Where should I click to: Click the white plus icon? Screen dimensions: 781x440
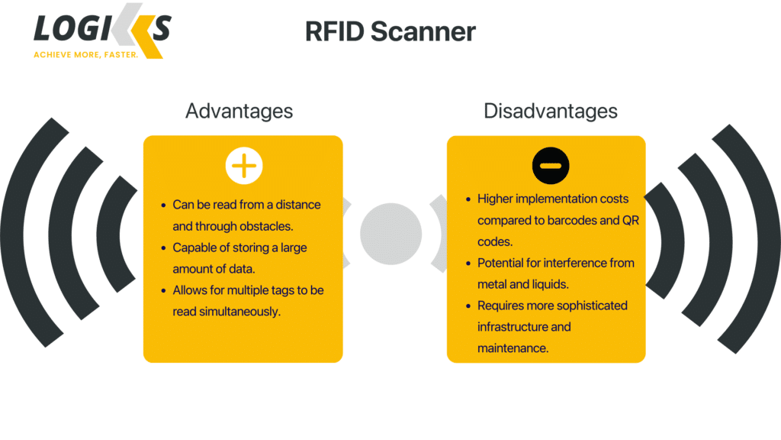(244, 166)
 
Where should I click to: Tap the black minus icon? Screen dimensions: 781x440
(551, 166)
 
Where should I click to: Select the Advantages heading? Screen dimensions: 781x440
(239, 111)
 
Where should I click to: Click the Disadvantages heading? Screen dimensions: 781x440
(550, 111)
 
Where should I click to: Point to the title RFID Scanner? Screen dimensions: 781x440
(390, 31)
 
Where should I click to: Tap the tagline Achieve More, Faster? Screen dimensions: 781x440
(85, 55)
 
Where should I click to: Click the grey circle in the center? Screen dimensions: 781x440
(390, 234)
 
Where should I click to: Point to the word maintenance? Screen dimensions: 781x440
(513, 348)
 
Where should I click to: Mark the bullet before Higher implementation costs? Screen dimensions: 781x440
(468, 199)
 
